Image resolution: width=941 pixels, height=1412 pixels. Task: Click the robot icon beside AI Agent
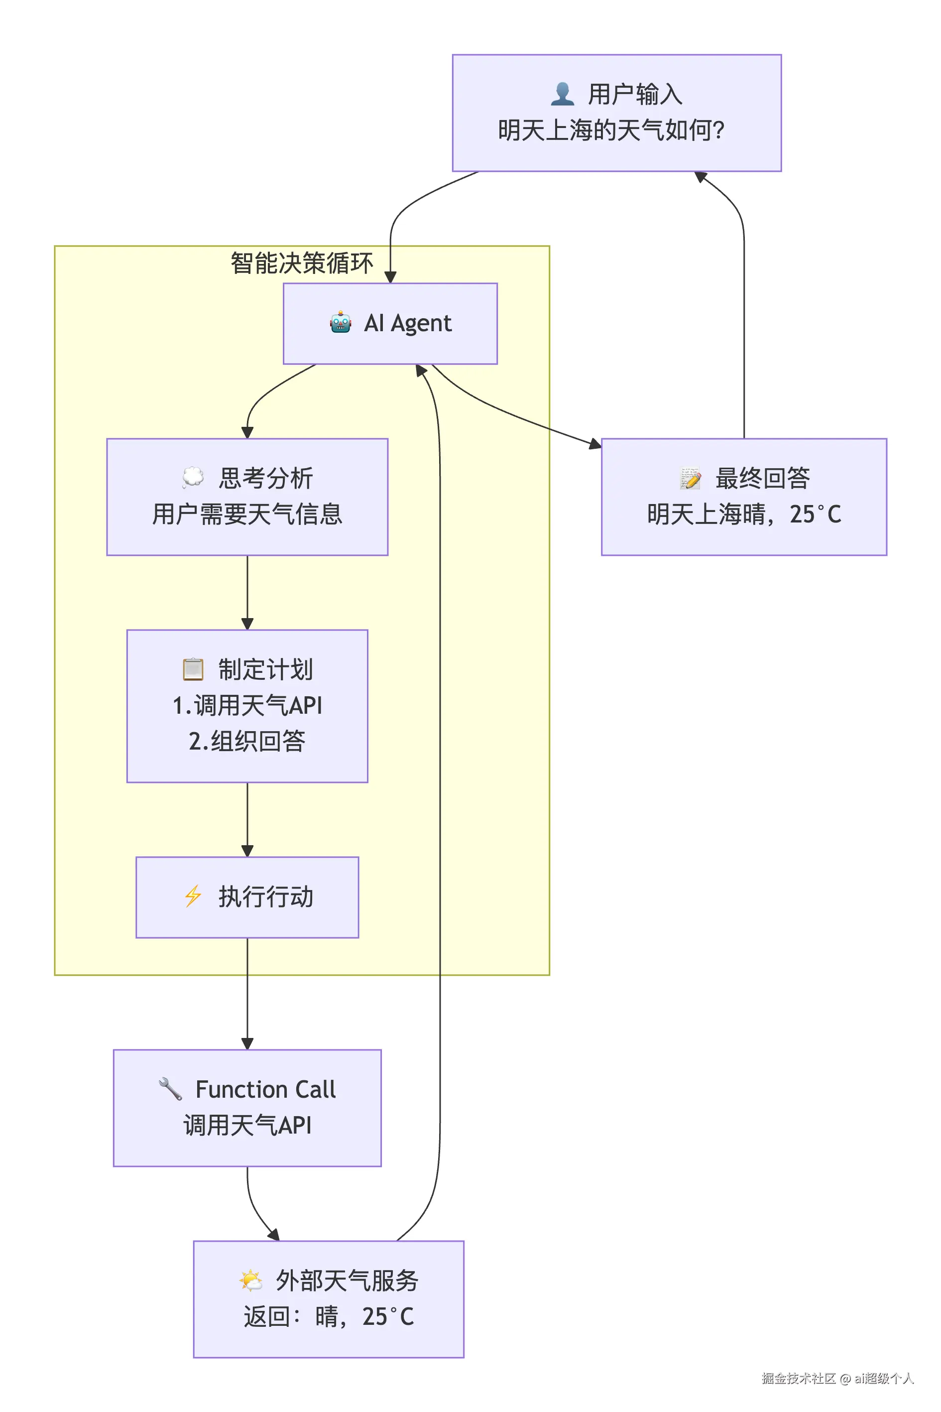340,322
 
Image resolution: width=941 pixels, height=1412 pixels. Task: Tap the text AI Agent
407,323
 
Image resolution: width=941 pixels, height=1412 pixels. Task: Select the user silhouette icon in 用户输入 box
562,94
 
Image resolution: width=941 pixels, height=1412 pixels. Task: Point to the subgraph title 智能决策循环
301,263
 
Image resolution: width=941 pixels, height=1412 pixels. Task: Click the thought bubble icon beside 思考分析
193,477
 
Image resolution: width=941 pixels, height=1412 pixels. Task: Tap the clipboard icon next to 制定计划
193,669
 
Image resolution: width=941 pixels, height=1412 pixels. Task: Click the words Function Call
265,1089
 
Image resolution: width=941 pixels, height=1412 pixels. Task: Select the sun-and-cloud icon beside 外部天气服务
250,1281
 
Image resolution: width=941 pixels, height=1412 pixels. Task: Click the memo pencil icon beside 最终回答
690,478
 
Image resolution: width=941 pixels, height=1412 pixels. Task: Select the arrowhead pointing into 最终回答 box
595,444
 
